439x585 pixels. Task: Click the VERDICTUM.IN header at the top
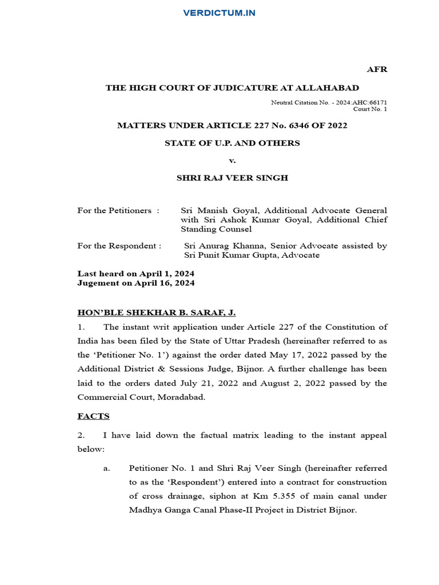point(219,13)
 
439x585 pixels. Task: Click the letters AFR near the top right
point(377,69)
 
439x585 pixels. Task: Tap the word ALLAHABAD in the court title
point(332,87)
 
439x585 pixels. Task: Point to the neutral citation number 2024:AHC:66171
point(358,102)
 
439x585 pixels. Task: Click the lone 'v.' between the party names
point(232,161)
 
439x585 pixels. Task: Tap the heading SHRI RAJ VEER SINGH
point(232,178)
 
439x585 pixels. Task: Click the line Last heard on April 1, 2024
point(136,274)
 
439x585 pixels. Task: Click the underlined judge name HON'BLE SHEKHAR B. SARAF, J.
point(156,312)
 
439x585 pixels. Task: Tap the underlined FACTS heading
point(93,416)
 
